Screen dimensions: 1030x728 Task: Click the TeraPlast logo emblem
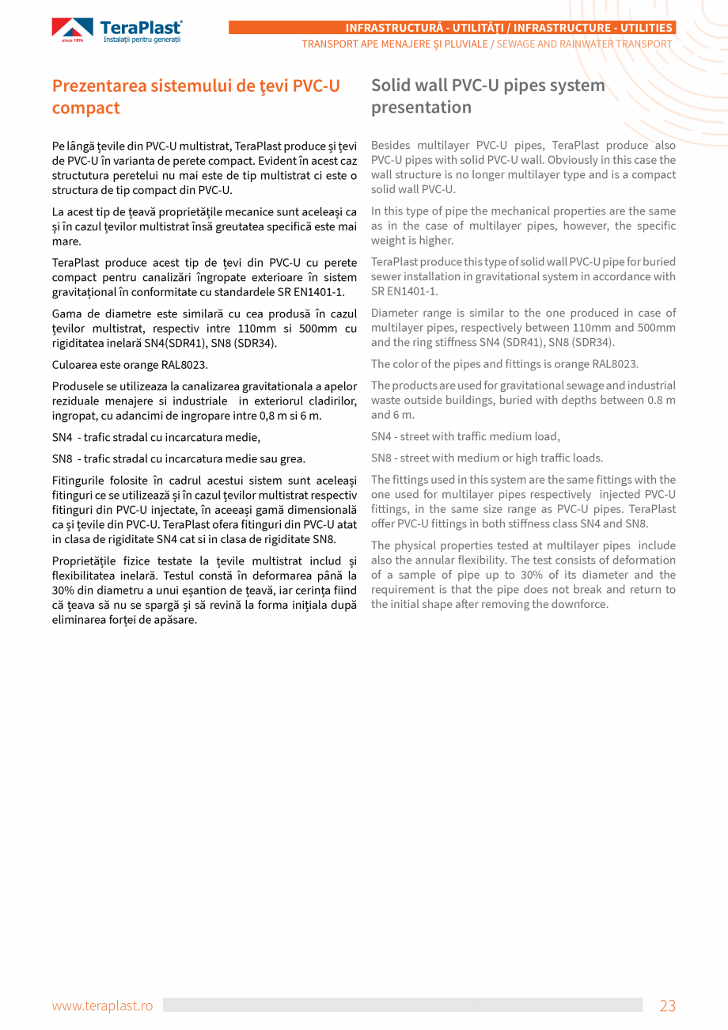72,29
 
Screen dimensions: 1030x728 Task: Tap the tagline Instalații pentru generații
142,40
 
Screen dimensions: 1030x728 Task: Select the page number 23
667,1005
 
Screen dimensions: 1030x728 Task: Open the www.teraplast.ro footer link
102,1005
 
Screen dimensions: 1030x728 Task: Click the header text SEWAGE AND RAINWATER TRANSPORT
584,44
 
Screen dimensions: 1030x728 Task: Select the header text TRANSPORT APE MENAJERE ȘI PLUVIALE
394,44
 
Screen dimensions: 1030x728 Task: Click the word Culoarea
75,365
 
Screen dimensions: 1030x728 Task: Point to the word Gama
66,314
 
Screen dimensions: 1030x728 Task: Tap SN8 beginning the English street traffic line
381,458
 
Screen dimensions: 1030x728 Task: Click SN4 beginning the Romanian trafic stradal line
62,437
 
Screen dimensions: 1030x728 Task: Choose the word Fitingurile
79,481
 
